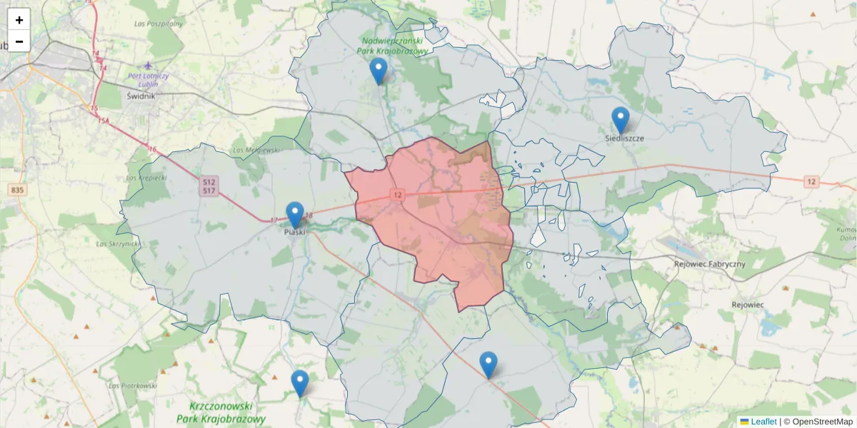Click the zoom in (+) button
[x=19, y=20]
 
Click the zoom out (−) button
[x=19, y=41]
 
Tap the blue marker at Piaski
[x=295, y=214]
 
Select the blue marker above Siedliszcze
[x=621, y=119]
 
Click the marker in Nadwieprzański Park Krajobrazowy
[x=379, y=70]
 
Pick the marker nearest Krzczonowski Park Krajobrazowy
[x=300, y=382]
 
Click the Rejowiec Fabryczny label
[x=709, y=264]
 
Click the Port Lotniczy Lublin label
[x=148, y=80]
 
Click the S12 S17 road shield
[x=209, y=186]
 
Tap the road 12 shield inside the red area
[x=397, y=194]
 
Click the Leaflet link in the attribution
[x=763, y=422]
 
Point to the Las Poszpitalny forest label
[x=159, y=24]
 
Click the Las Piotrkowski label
[x=133, y=386]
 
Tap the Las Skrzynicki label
[x=119, y=244]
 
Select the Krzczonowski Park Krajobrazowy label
[x=221, y=412]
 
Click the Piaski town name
[x=295, y=232]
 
